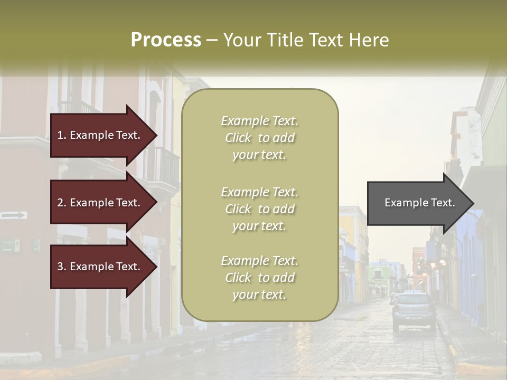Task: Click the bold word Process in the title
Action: [166, 40]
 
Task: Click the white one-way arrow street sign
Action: [14, 215]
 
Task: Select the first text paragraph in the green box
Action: [259, 138]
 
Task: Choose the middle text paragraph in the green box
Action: [259, 209]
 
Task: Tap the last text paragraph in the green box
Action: [259, 278]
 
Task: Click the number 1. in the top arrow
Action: [62, 135]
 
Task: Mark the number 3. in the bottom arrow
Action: [62, 267]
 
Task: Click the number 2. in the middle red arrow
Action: [62, 203]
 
